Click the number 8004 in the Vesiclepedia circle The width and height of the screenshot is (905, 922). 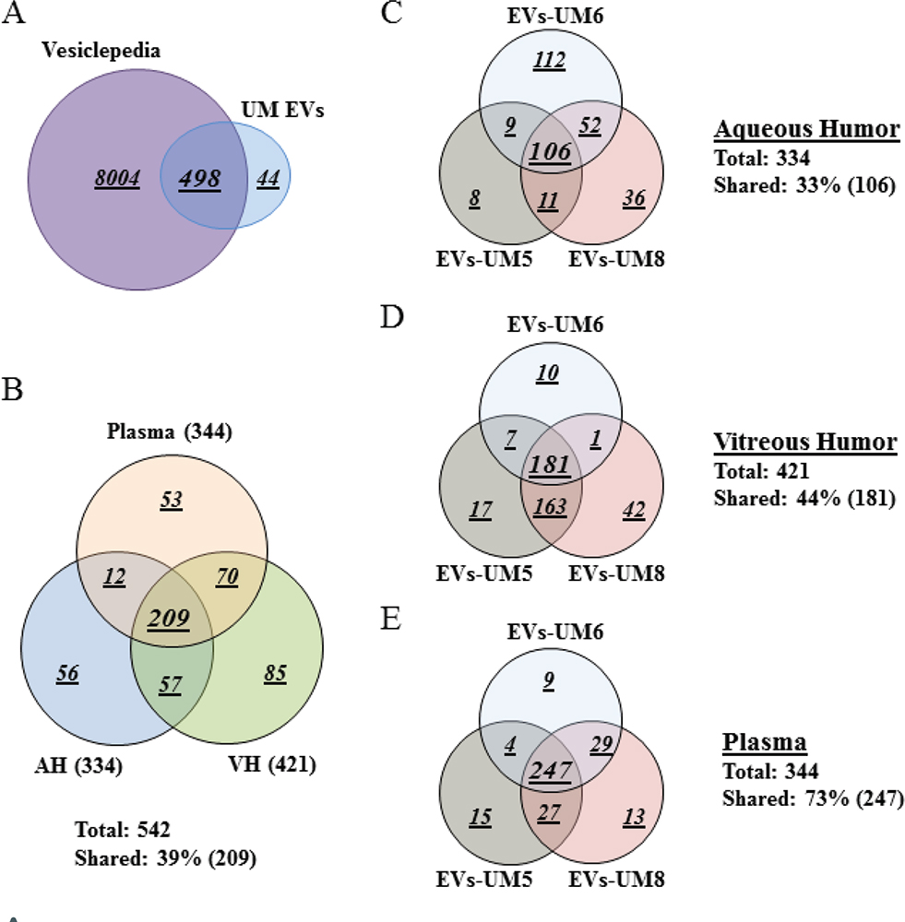click(116, 179)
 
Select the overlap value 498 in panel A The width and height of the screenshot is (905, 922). click(200, 178)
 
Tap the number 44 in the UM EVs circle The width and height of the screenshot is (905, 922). click(268, 179)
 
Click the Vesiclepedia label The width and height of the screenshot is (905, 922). click(101, 51)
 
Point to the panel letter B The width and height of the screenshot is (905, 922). click(13, 392)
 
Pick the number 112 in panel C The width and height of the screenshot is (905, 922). click(549, 60)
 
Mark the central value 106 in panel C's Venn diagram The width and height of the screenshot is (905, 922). click(550, 151)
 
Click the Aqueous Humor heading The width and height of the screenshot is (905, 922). click(806, 129)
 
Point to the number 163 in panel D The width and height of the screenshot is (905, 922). click(550, 506)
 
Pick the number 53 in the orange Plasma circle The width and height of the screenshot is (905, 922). click(171, 501)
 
